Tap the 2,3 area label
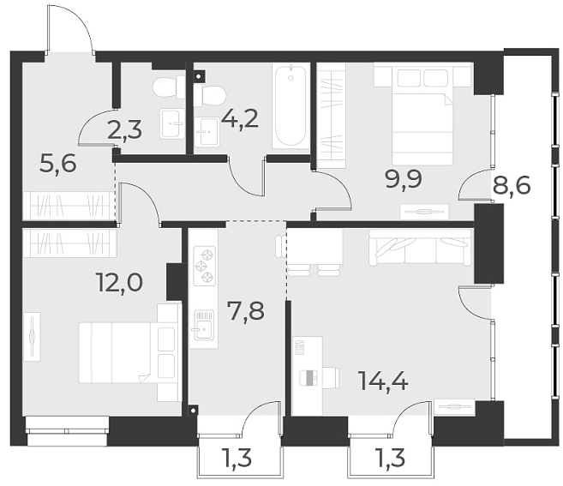(x=125, y=131)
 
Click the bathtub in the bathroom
(x=290, y=106)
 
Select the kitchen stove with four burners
(x=206, y=265)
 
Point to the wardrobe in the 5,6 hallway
(x=68, y=206)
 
